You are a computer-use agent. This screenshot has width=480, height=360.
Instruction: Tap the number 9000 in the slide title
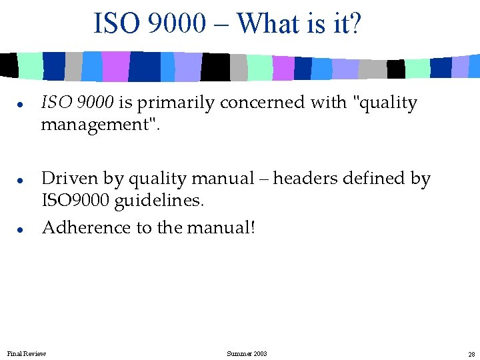pos(178,24)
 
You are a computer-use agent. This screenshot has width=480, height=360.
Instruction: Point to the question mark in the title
pos(355,24)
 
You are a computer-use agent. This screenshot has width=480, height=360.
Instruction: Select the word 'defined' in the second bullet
pos(372,179)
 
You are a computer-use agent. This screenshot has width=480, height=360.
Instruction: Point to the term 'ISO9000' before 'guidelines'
pos(73,199)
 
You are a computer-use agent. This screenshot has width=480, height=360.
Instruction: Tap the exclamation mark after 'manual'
pos(253,228)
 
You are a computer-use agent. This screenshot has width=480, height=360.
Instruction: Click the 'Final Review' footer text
pos(27,353)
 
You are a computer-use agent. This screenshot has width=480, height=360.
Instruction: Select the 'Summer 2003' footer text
pos(247,353)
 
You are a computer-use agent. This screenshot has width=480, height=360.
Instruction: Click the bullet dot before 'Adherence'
pos(22,229)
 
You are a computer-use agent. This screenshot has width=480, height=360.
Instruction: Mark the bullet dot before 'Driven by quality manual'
pos(22,180)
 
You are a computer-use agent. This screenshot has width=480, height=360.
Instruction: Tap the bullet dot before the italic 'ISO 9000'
pos(22,105)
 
